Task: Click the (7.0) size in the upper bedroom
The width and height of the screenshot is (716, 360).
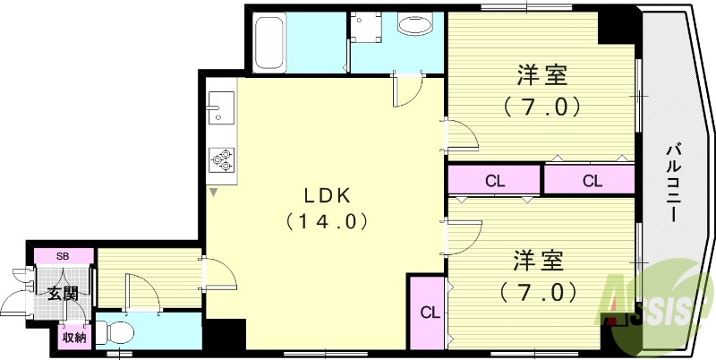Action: (x=542, y=107)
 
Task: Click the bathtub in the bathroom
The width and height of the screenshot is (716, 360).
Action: (x=269, y=42)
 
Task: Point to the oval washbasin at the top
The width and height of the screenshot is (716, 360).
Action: (x=415, y=25)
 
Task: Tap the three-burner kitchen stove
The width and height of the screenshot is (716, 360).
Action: (x=221, y=160)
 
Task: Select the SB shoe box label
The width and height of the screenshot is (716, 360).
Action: (x=62, y=256)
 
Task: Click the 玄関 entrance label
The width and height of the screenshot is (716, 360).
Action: (x=62, y=294)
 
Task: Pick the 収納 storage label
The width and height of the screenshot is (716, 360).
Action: (x=73, y=338)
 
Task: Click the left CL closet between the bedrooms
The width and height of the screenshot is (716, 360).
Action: (x=495, y=181)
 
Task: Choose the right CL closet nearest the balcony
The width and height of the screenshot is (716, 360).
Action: (x=592, y=181)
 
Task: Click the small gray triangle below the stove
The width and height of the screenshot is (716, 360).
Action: (x=213, y=192)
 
